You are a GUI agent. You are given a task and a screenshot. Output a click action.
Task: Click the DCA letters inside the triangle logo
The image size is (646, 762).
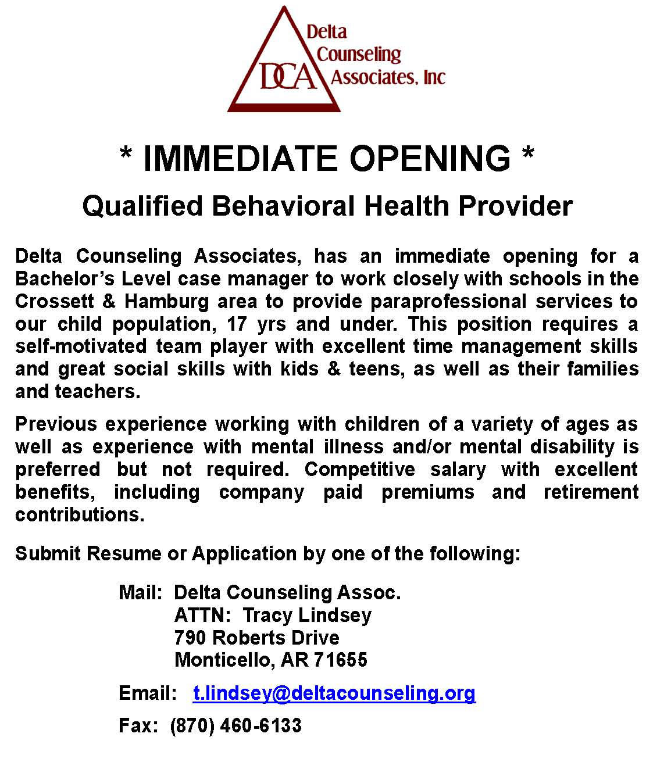point(288,77)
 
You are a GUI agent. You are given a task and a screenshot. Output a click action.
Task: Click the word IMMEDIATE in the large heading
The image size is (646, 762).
point(240,158)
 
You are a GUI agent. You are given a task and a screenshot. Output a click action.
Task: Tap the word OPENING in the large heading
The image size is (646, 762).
point(430,158)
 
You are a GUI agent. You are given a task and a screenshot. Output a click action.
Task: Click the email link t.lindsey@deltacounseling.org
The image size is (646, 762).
point(334,693)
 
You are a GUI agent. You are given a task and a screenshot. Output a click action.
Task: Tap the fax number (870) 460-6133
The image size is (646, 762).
point(236,725)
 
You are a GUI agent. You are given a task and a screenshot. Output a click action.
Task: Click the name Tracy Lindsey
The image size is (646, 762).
point(307,615)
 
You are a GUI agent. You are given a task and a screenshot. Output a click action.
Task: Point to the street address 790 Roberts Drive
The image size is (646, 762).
point(256,638)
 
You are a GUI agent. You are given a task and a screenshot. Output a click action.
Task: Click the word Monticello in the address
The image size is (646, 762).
point(223,660)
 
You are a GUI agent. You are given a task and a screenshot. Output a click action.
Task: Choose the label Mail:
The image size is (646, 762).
point(140,593)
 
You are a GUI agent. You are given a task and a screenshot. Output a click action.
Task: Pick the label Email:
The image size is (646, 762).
point(148,693)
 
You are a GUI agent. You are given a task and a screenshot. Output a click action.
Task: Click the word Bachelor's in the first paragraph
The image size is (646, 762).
point(65,279)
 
